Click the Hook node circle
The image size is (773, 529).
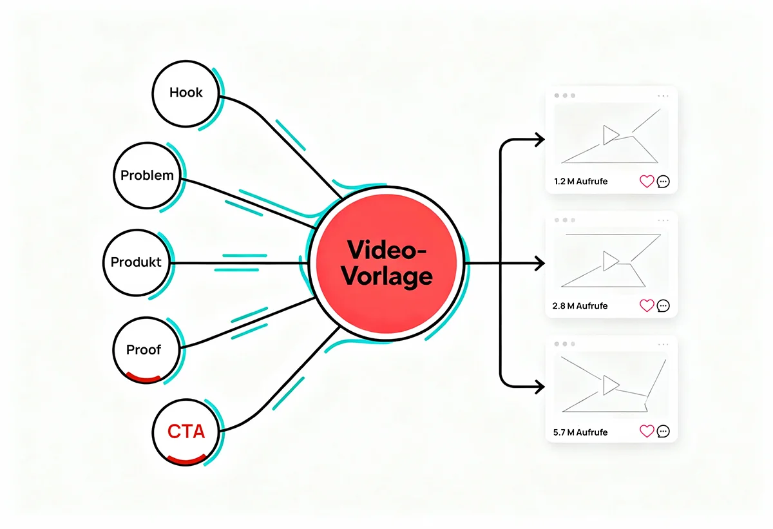186,93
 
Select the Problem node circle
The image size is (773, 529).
147,175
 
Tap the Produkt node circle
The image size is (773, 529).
136,263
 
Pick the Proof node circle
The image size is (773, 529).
144,350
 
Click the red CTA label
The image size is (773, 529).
186,431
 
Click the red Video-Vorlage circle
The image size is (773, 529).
386,264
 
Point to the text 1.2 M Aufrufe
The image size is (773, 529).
580,182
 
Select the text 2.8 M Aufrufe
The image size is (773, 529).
580,305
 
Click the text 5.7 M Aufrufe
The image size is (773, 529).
580,432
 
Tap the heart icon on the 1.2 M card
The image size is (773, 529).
647,182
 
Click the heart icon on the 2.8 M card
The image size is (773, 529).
647,305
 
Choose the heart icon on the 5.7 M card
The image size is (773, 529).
647,431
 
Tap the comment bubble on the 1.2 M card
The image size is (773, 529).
663,182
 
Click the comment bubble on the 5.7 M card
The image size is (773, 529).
663,431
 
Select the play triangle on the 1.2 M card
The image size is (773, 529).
609,135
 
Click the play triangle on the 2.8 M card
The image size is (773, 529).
609,260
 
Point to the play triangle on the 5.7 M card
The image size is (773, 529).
609,385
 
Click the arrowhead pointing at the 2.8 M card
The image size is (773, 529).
539,264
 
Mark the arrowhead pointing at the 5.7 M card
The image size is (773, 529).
539,387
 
